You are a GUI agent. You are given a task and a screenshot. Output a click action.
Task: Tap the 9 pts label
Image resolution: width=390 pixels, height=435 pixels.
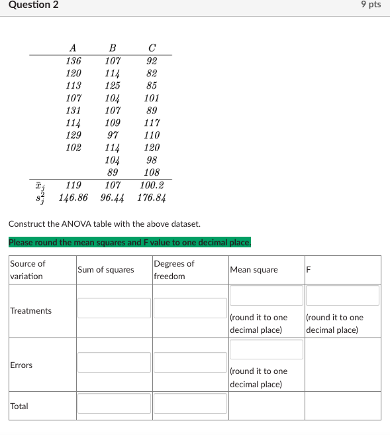[x=371, y=5]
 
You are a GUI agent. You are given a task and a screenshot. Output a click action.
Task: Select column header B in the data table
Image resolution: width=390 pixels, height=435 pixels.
[x=113, y=48]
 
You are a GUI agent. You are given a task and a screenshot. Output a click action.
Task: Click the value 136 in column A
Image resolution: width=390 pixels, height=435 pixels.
[x=73, y=61]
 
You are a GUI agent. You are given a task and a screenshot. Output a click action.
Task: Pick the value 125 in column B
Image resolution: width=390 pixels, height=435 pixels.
[x=113, y=86]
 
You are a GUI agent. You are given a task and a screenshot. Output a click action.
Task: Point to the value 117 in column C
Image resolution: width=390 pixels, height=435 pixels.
[x=152, y=123]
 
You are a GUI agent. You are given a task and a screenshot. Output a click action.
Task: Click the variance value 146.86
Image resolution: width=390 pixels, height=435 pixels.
[x=73, y=198]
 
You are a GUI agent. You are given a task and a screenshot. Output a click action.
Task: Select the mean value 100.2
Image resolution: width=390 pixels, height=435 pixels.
[x=152, y=186]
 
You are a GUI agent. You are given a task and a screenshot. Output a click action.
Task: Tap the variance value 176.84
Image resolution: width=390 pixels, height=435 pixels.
[x=152, y=198]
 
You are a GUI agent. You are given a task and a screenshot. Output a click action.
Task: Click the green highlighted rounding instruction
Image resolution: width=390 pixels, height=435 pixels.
[x=130, y=242]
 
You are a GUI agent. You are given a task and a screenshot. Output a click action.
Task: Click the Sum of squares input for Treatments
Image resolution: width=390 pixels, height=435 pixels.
[x=114, y=308]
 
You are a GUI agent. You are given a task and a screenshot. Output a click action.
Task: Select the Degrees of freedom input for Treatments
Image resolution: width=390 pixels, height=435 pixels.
[x=190, y=308]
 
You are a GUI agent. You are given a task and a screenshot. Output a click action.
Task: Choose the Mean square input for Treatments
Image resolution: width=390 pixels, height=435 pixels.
[x=266, y=296]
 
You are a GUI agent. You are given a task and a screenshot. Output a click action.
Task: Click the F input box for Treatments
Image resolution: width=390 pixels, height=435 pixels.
[x=342, y=296]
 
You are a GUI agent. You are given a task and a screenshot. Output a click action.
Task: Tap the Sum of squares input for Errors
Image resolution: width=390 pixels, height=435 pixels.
[x=114, y=362]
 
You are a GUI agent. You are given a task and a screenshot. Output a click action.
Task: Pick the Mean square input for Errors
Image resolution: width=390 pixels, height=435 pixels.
[x=266, y=349]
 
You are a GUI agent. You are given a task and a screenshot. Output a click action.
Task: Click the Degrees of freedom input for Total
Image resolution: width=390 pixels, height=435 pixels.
[x=190, y=403]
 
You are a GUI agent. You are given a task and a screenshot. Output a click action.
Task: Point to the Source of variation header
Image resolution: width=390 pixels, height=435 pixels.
[x=27, y=270]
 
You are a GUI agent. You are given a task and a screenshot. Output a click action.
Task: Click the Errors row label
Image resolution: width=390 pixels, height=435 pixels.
[x=21, y=365]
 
